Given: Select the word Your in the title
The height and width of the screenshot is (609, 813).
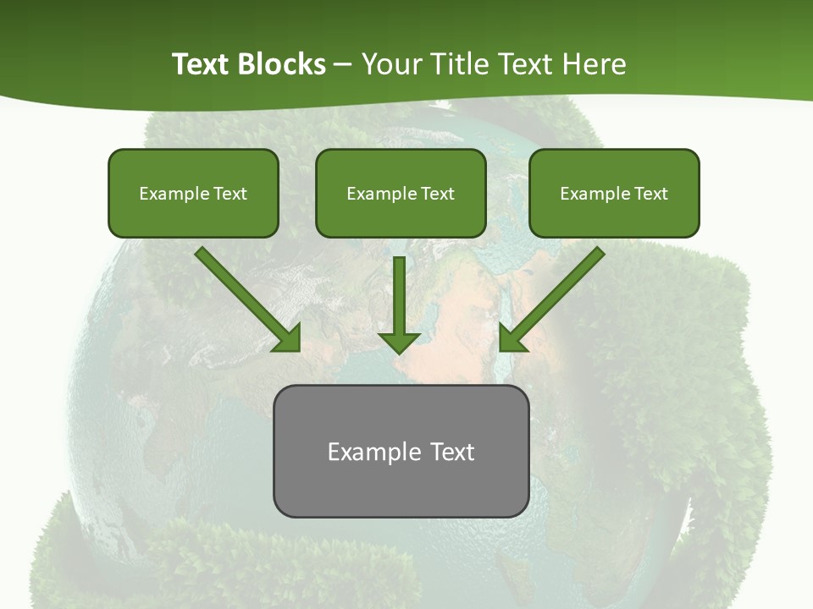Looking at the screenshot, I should pyautogui.click(x=391, y=64).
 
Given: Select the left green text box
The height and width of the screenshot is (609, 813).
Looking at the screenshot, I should pyautogui.click(x=193, y=193).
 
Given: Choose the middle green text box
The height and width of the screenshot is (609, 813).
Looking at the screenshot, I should pyautogui.click(x=401, y=193).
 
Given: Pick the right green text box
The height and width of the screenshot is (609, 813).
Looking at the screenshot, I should pyautogui.click(x=614, y=193).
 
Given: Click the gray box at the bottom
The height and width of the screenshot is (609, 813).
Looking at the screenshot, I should pyautogui.click(x=401, y=451).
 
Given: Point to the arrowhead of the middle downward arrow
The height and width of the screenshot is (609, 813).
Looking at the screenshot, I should pyautogui.click(x=400, y=342).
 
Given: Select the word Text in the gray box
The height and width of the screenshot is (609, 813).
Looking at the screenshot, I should pyautogui.click(x=453, y=452).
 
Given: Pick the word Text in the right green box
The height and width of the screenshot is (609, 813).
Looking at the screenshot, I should pyautogui.click(x=651, y=194).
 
